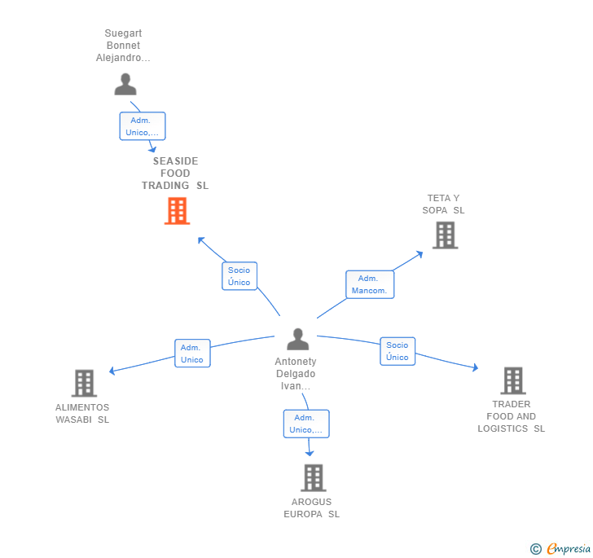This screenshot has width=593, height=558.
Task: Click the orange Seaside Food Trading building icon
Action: click(x=177, y=211)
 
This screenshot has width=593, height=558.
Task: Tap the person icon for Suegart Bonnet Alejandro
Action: click(x=125, y=84)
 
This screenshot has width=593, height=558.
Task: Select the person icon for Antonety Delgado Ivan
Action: click(x=298, y=339)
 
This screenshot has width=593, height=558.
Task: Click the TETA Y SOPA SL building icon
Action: click(x=445, y=235)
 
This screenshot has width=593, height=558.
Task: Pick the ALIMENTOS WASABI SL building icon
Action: click(x=85, y=383)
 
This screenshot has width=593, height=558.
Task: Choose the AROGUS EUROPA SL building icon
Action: click(x=314, y=478)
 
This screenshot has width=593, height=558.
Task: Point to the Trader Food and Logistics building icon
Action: click(x=513, y=380)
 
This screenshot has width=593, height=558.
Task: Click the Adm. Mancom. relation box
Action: click(x=370, y=284)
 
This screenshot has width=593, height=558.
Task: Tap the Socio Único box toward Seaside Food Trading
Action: click(x=239, y=276)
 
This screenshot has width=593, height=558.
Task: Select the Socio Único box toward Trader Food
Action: click(x=398, y=351)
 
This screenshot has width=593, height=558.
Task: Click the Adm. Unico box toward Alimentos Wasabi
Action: click(x=192, y=353)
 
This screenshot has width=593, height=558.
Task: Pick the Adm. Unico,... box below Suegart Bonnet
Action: click(x=143, y=126)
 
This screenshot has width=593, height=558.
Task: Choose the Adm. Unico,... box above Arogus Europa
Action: click(x=306, y=424)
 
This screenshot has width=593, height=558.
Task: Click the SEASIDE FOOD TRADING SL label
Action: click(x=175, y=174)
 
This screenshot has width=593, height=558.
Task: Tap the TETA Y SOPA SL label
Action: click(x=443, y=204)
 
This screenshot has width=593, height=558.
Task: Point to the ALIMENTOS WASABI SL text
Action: click(x=82, y=414)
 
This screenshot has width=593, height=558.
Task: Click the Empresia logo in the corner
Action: click(x=560, y=548)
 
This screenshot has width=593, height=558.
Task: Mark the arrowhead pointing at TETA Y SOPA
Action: click(x=419, y=254)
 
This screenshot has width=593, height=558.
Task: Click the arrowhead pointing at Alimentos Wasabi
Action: click(x=112, y=371)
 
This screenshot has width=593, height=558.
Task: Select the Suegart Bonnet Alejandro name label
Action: click(x=123, y=46)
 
